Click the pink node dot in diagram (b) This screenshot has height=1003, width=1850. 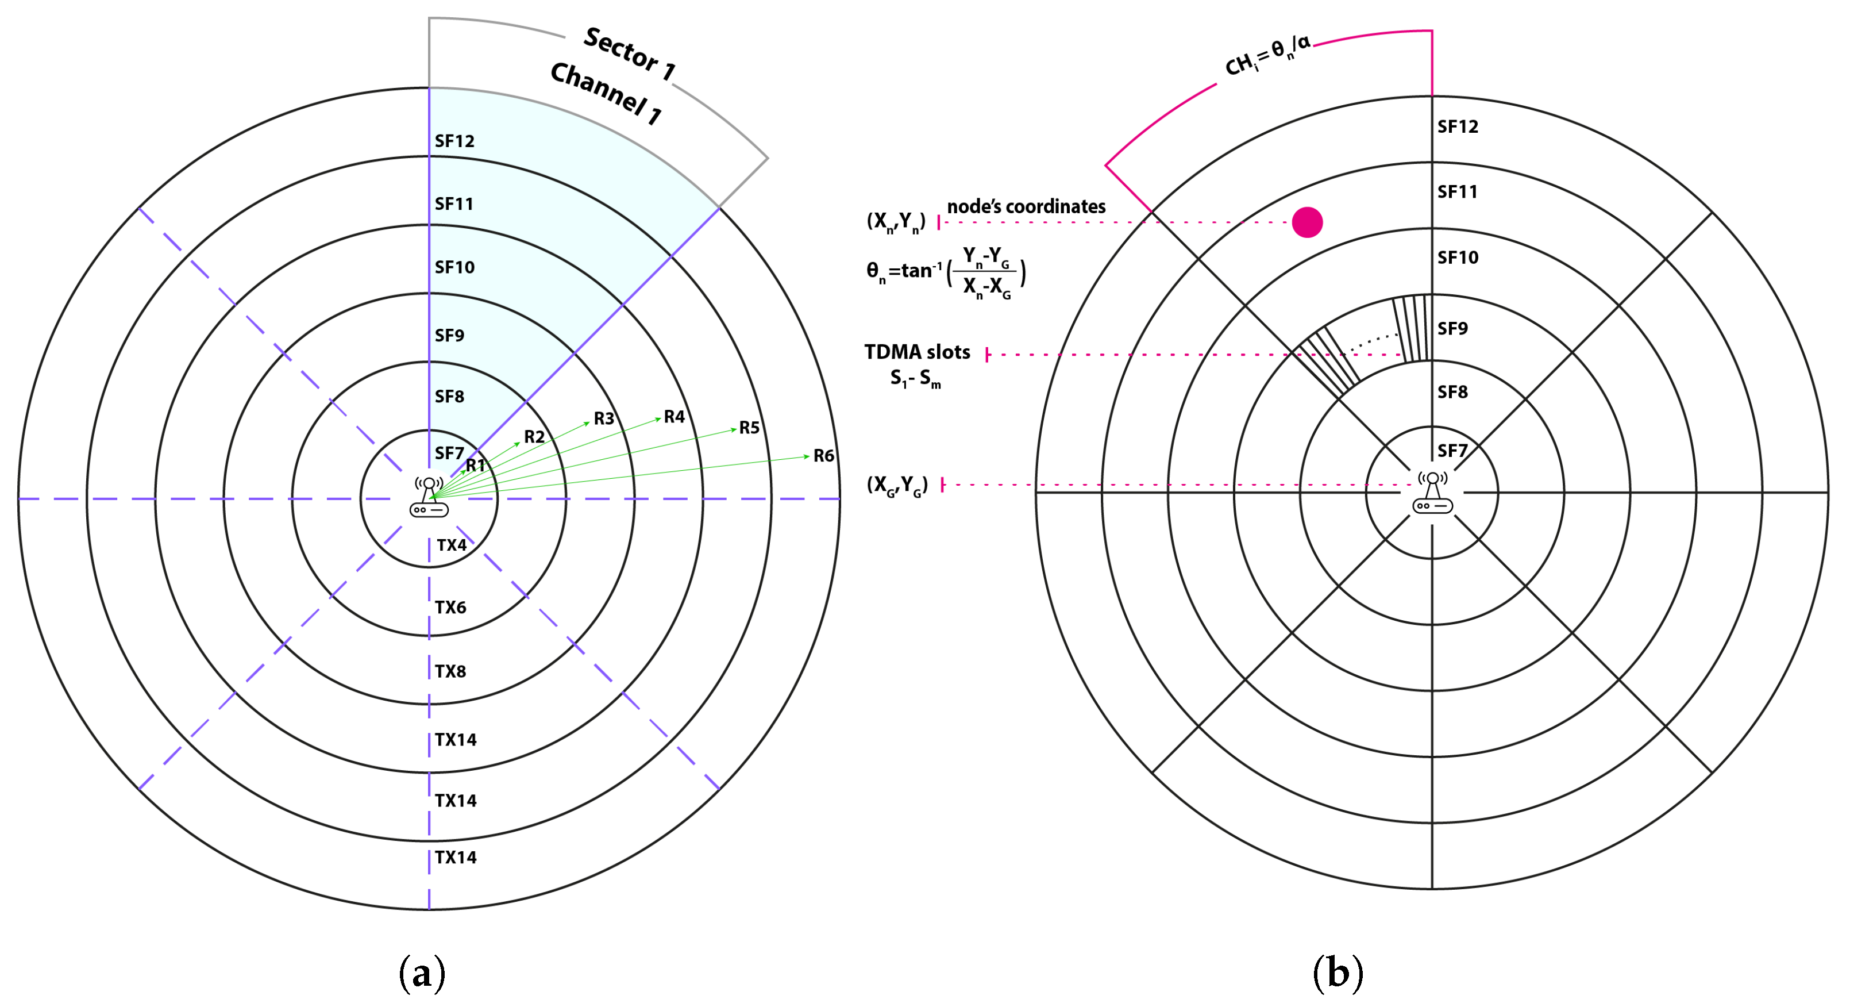click(x=1306, y=222)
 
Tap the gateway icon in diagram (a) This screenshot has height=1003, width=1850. click(x=429, y=497)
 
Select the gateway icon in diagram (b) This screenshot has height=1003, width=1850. click(x=1432, y=493)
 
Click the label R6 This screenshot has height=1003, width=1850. click(x=823, y=455)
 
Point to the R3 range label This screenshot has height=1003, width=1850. click(x=604, y=418)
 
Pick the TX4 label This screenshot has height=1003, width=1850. click(x=452, y=545)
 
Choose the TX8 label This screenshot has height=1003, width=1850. click(x=450, y=671)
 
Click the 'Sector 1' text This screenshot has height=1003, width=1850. click(x=629, y=52)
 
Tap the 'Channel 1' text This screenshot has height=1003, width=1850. click(x=606, y=93)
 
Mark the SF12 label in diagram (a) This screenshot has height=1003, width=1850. click(x=454, y=141)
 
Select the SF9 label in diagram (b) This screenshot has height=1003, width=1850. click(x=1452, y=328)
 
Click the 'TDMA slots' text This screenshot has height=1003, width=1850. click(x=916, y=352)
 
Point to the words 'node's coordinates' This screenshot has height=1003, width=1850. click(x=1026, y=207)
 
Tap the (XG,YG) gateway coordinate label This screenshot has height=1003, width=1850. click(x=897, y=485)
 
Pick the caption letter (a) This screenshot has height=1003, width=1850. click(x=422, y=973)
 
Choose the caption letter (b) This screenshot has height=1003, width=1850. click(x=1338, y=973)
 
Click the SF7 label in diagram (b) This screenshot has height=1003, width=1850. click(x=1452, y=451)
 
